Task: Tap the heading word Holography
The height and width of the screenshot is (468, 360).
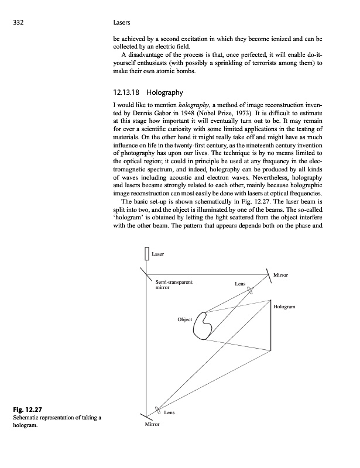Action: coord(165,92)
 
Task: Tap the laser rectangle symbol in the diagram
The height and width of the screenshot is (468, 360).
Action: coord(146,254)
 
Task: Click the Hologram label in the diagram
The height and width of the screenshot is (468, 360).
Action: coord(284,307)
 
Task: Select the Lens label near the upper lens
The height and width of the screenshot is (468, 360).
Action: coord(240,284)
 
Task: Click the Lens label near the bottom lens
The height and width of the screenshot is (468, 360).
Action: coord(169,413)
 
